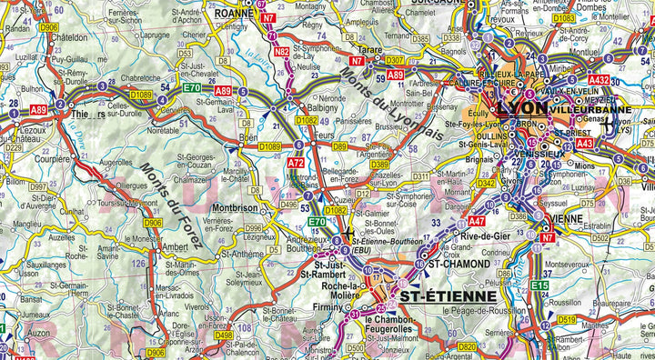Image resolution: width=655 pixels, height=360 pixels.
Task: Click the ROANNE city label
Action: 232,15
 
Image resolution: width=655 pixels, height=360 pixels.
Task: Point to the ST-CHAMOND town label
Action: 459,265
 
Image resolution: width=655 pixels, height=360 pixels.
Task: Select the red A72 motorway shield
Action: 297,164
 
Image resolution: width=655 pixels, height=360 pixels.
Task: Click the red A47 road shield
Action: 477,220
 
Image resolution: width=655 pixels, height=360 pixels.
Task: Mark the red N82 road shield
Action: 282,52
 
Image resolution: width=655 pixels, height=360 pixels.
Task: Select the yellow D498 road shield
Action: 223,335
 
